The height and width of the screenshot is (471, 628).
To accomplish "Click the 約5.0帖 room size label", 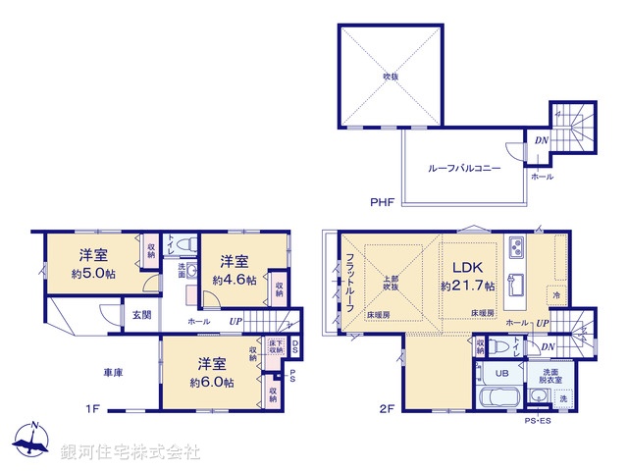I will point(94,274).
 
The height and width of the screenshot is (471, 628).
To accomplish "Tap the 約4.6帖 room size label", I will point(235,280).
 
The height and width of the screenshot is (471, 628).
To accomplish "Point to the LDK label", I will point(467,266).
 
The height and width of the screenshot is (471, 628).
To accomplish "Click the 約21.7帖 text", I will point(467,286).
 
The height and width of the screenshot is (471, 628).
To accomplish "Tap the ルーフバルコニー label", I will point(464,169).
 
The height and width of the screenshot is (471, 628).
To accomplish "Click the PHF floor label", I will point(382,203).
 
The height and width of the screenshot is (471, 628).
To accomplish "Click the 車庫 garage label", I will point(113,373).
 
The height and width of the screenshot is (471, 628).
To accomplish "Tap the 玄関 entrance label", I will point(141,315).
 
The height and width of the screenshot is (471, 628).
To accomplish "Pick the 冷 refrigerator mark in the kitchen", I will point(556,295).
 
